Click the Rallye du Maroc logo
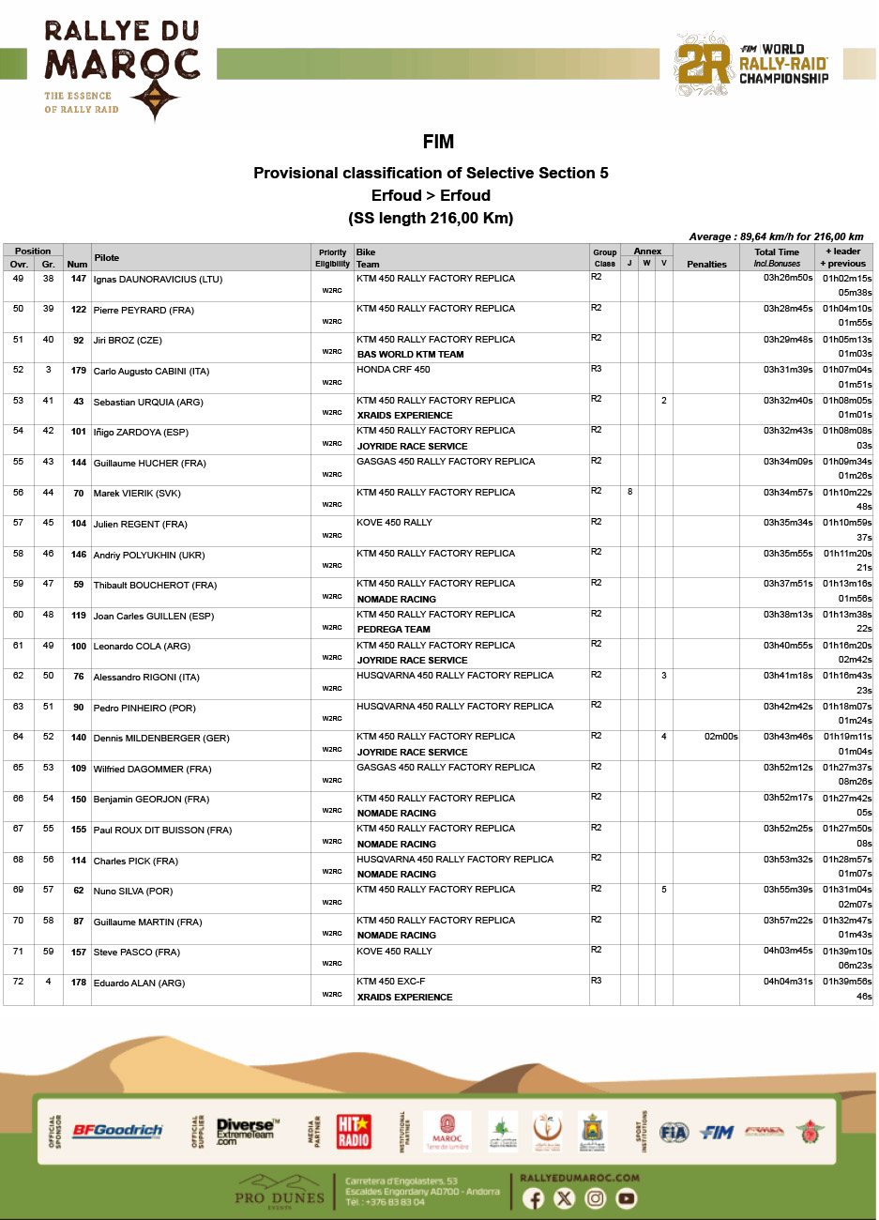[121, 70]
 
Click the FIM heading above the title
[438, 142]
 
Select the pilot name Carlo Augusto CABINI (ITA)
[151, 372]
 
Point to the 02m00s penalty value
[720, 737]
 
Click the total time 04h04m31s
[787, 982]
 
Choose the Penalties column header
[706, 265]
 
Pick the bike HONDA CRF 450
[393, 370]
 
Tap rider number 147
[79, 279]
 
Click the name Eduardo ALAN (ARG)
[139, 984]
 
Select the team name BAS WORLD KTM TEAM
[410, 355]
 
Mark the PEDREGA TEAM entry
[393, 630]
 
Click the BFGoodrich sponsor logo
[117, 1131]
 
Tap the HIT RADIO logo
[354, 1131]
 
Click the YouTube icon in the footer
[626, 1198]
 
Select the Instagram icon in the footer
[595, 1198]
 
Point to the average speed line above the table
[776, 236]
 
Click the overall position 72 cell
[18, 982]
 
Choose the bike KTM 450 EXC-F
[390, 982]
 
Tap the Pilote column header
[107, 257]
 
